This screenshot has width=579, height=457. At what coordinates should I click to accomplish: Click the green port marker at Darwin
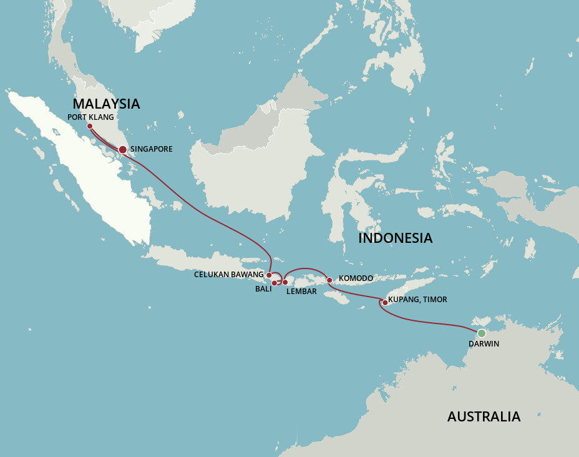point(482,333)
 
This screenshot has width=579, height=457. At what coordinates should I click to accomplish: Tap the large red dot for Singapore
point(122,149)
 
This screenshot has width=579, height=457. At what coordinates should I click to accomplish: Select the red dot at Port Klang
point(90,126)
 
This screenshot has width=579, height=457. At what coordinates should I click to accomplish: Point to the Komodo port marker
point(329,280)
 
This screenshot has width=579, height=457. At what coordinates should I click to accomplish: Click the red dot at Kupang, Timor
point(384,303)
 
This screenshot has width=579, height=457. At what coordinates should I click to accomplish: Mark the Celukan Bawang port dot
point(269,275)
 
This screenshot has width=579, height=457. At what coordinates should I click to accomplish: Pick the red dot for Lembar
point(285,282)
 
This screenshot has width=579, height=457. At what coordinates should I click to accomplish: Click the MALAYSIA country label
point(106,104)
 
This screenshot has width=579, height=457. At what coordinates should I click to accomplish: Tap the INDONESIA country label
point(395,238)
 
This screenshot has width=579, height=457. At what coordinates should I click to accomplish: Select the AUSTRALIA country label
point(484,416)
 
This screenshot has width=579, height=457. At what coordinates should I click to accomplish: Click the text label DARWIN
point(484,344)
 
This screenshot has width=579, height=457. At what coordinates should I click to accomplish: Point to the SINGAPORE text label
point(151,149)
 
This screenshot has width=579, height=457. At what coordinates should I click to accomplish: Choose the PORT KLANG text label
point(91,117)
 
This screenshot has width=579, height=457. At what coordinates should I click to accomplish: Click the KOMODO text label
point(356,278)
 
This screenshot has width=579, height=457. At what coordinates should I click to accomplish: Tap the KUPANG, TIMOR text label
point(417,300)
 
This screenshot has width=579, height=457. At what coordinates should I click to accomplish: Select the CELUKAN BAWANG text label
point(228,274)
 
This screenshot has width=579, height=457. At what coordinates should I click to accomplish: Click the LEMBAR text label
point(302,291)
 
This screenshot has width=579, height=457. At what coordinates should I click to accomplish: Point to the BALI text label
point(263,290)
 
